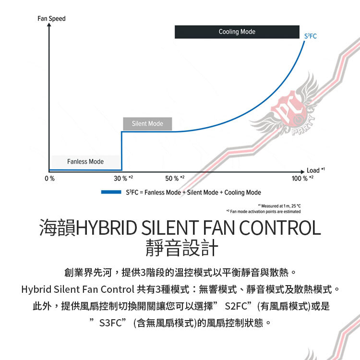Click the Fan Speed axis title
click(x=51, y=18)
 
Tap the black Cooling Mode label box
click(x=237, y=32)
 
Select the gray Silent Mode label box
click(x=147, y=124)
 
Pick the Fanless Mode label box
click(x=85, y=161)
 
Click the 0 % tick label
click(x=49, y=179)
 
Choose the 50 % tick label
click(x=174, y=179)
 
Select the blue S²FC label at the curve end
click(x=311, y=37)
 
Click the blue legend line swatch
click(x=110, y=192)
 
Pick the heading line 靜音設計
click(x=180, y=248)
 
